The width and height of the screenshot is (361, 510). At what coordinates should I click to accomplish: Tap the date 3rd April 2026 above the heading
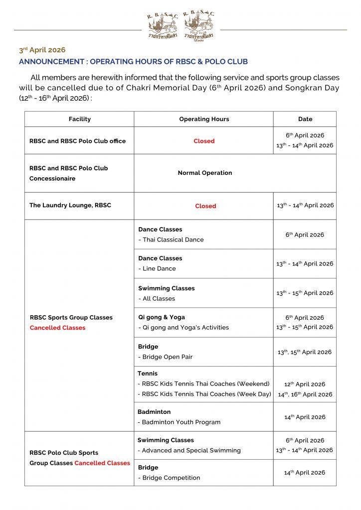tap(42, 50)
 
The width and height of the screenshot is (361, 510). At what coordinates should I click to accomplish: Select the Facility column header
tap(80, 119)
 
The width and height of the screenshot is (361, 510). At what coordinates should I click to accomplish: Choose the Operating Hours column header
tap(204, 119)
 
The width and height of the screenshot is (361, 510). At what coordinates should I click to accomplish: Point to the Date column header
tap(305, 119)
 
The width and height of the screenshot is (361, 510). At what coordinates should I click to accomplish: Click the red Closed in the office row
tap(204, 141)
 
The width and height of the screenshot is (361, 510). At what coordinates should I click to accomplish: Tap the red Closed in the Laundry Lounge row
tap(205, 206)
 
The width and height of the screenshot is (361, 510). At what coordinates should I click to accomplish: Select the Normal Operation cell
tap(205, 173)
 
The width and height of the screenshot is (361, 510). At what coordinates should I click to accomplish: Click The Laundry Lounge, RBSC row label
tap(70, 205)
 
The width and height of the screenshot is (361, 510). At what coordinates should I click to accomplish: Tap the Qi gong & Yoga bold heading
tap(162, 317)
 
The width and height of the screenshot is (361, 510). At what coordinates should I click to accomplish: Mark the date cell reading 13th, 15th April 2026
tap(305, 352)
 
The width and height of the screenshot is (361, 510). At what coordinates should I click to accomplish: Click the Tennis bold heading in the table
tap(148, 373)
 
